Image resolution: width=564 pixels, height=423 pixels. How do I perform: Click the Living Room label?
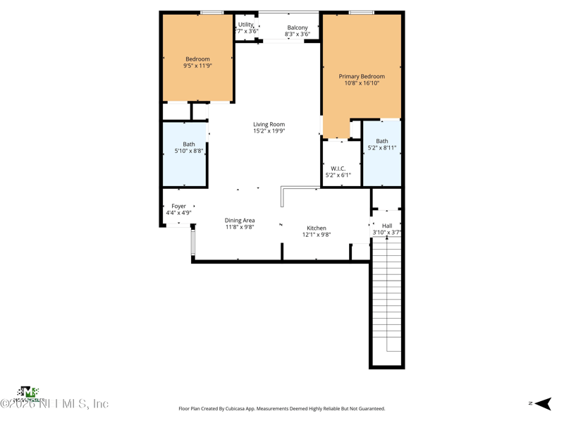pyautogui.click(x=269, y=124)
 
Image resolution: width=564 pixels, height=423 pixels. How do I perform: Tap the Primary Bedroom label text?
pyautogui.click(x=362, y=76)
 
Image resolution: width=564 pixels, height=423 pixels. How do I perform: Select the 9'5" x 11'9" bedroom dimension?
pyautogui.click(x=197, y=66)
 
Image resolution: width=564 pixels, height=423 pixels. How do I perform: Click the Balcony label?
pyautogui.click(x=298, y=27)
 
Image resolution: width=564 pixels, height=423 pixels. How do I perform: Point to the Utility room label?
pyautogui.click(x=246, y=25)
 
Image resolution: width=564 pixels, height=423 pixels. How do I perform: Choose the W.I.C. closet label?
pyautogui.click(x=338, y=168)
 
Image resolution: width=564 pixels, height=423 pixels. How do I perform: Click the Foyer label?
pyautogui.click(x=178, y=206)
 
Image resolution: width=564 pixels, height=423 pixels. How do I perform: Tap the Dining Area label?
pyautogui.click(x=240, y=221)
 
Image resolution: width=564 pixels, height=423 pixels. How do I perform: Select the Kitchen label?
pyautogui.click(x=317, y=228)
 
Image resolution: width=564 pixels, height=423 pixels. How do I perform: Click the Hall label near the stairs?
pyautogui.click(x=387, y=226)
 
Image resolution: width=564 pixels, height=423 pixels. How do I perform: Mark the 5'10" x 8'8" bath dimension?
pyautogui.click(x=189, y=151)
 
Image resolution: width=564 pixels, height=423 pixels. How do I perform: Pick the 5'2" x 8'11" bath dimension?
pyautogui.click(x=382, y=148)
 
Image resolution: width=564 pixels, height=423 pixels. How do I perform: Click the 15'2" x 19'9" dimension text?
pyautogui.click(x=269, y=130)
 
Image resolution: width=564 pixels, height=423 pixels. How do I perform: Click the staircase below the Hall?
pyautogui.click(x=387, y=296)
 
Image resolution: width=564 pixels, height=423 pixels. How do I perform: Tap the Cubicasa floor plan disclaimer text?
pyautogui.click(x=282, y=408)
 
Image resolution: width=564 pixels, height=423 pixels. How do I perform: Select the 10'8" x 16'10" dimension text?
pyautogui.click(x=362, y=82)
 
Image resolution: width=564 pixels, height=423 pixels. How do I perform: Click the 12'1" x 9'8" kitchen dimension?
pyautogui.click(x=317, y=235)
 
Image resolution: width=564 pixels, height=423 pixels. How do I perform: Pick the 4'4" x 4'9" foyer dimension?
pyautogui.click(x=178, y=212)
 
